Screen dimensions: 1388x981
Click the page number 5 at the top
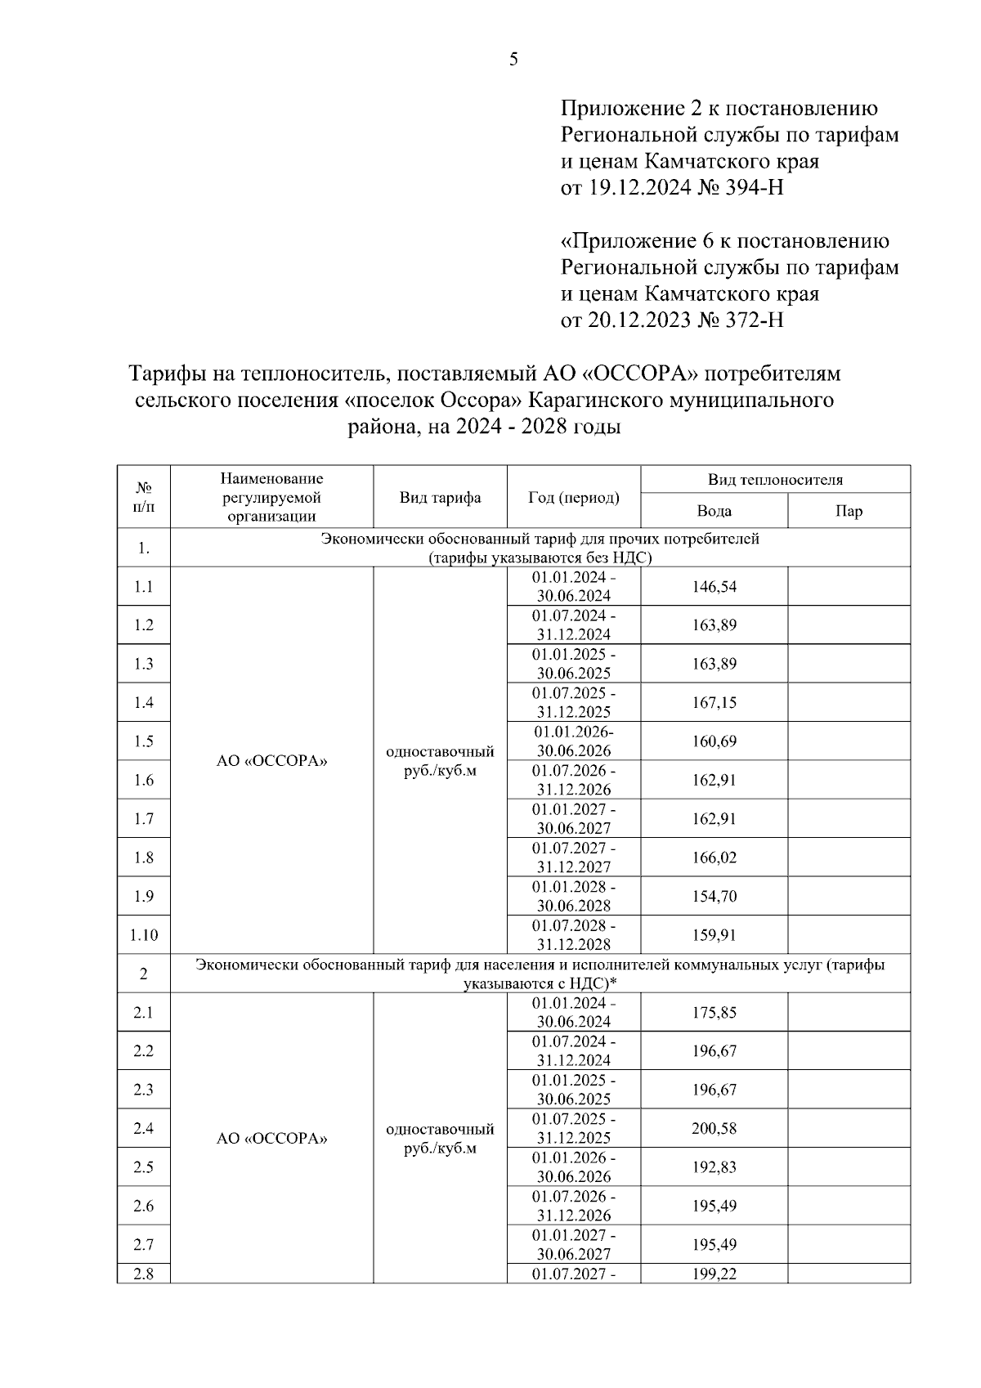513,59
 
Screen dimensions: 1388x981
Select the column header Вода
714,511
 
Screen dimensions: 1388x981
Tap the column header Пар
849,511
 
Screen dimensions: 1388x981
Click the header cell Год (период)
573,497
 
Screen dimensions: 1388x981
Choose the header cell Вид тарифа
440,497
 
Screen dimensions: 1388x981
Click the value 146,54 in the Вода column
714,586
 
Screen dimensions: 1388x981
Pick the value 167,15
714,702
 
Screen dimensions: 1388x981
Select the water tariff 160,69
714,741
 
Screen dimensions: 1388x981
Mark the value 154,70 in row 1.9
714,896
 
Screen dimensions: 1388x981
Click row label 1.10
144,934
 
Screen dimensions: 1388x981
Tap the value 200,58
714,1128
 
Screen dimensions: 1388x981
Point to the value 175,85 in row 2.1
714,1012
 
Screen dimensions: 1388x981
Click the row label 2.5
144,1166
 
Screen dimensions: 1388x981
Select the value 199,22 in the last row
714,1274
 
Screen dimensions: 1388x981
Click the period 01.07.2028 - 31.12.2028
573,934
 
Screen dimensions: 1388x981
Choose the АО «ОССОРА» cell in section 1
271,760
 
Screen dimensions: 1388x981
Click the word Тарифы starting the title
167,374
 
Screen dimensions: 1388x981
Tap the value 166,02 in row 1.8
714,857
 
